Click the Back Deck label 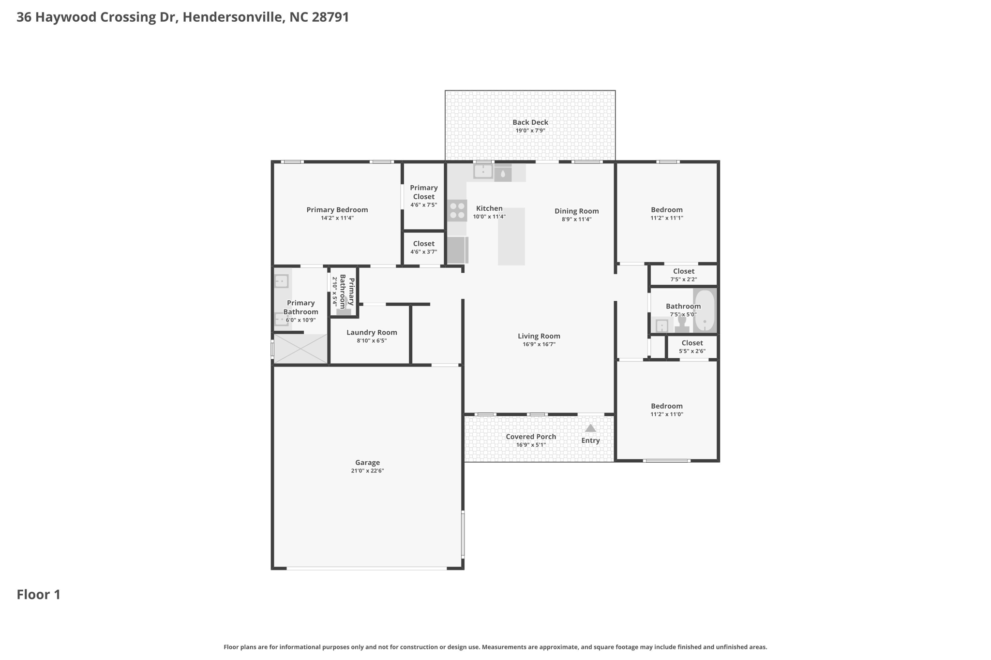530,122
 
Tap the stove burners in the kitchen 457,211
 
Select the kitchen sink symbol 483,171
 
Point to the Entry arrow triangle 590,428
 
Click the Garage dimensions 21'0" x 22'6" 368,471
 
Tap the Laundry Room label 372,332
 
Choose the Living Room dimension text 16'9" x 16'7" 539,344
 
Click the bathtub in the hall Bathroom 705,310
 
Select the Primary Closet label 424,192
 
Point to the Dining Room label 577,211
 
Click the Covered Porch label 531,437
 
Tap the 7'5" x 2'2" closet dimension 684,279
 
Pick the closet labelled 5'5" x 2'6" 692,347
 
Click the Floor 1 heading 39,595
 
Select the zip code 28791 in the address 330,17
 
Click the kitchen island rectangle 511,236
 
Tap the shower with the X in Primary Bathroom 300,349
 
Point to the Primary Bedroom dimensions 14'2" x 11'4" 337,218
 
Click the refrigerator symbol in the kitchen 457,250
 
